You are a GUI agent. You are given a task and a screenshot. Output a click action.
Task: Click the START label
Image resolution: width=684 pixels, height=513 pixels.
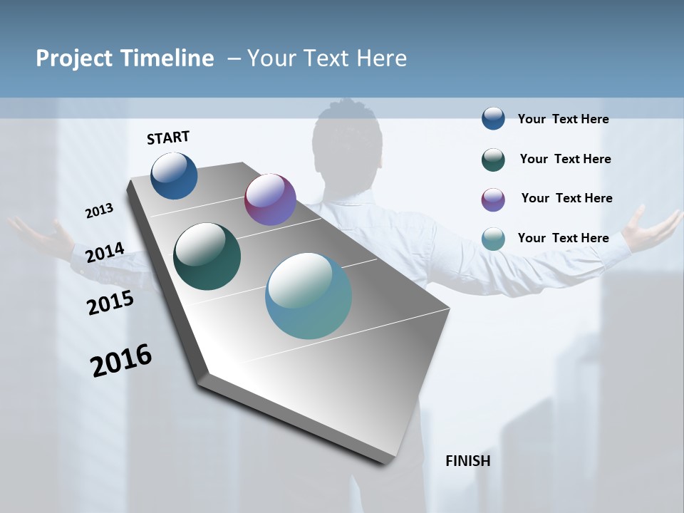(168, 138)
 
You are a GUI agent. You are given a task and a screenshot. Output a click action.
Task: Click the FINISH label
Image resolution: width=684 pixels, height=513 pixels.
(467, 461)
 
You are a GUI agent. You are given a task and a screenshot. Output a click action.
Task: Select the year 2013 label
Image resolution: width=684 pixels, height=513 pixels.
(100, 211)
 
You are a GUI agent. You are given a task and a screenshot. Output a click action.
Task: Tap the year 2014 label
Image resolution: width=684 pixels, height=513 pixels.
(105, 253)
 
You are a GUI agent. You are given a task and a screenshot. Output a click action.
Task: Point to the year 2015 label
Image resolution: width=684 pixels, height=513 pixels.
(110, 303)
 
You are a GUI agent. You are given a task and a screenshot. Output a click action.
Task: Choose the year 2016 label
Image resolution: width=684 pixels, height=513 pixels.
(121, 361)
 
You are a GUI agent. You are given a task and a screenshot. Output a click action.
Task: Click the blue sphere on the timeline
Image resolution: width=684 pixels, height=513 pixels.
(174, 176)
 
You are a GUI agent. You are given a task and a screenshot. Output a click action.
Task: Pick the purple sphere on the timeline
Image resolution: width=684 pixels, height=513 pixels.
(270, 199)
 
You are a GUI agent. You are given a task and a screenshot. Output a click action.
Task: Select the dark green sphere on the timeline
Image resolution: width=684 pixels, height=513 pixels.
(207, 256)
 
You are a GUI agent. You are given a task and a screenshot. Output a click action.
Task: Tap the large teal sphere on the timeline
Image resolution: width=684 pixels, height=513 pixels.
(309, 296)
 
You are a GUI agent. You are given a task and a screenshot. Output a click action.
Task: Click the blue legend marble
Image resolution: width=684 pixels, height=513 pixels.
(493, 118)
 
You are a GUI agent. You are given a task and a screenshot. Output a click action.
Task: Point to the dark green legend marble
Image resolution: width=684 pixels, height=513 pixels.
(493, 160)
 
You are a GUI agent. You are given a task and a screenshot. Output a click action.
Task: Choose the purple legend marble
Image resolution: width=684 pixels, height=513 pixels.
(493, 199)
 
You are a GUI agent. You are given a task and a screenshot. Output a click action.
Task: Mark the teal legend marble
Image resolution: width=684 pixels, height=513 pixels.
(493, 239)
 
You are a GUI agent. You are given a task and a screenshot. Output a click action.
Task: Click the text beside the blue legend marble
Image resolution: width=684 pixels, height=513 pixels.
(563, 120)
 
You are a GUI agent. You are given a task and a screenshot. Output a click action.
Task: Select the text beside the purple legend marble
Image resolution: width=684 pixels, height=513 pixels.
(566, 198)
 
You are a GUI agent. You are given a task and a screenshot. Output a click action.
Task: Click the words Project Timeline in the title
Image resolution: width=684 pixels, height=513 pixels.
(125, 58)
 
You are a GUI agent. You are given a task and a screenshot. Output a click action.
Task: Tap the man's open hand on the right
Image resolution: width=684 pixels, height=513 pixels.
(652, 229)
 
